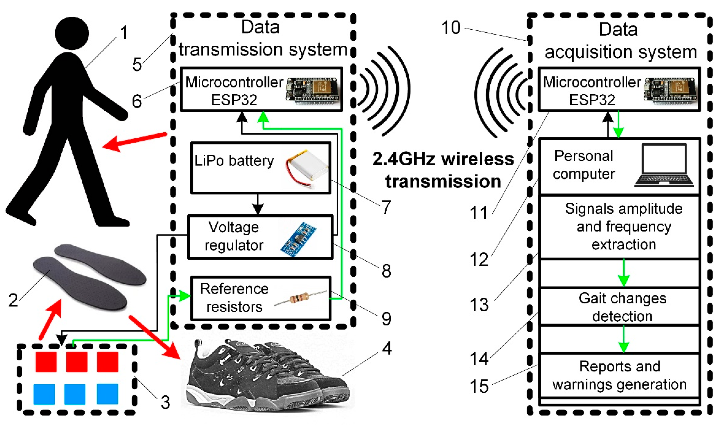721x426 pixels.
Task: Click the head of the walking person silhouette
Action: pyautogui.click(x=72, y=33)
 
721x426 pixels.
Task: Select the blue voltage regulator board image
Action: pyautogui.click(x=298, y=239)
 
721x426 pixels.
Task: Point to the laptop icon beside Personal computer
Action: pyautogui.click(x=664, y=166)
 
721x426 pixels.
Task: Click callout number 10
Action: pyautogui.click(x=451, y=28)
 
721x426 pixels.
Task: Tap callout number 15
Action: pyautogui.click(x=479, y=386)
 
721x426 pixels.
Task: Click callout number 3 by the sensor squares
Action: pyautogui.click(x=165, y=402)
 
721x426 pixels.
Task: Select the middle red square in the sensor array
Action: pyautogui.click(x=77, y=362)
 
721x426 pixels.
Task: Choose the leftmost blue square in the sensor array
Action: pyautogui.click(x=44, y=394)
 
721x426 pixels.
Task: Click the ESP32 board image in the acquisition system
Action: pyautogui.click(x=670, y=90)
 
